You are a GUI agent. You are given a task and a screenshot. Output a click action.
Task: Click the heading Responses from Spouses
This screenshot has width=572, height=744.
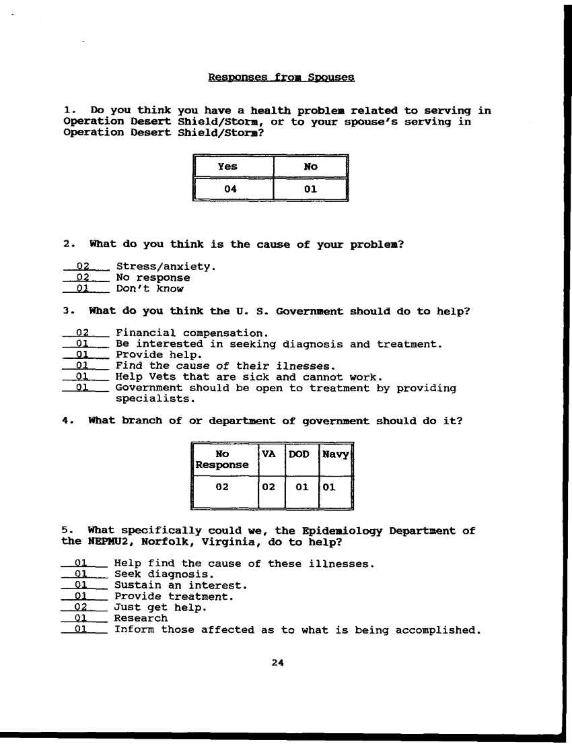tap(281, 77)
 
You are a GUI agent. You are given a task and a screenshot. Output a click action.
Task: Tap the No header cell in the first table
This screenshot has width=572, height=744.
tap(310, 167)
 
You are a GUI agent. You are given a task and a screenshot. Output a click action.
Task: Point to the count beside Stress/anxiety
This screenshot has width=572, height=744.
tap(83, 267)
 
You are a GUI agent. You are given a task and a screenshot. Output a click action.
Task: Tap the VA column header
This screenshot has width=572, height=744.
tap(269, 454)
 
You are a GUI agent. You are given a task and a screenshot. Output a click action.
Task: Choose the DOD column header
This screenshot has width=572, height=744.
tap(299, 454)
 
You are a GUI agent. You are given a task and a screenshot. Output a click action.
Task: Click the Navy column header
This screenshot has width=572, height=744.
tap(335, 454)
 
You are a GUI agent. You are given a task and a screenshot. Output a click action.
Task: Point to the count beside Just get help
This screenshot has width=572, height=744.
tap(82, 607)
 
